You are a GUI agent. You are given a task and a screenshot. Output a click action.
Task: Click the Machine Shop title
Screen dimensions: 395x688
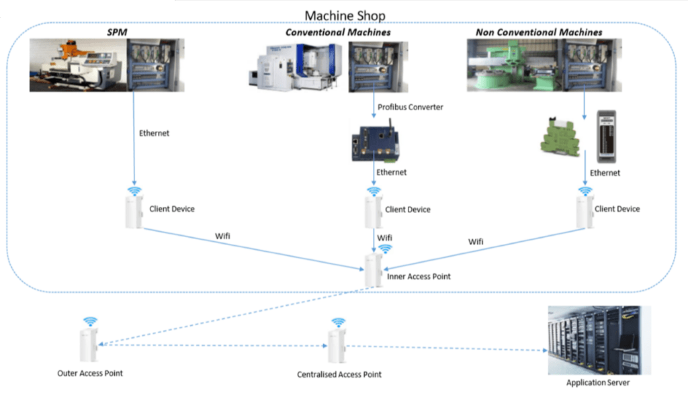point(345,15)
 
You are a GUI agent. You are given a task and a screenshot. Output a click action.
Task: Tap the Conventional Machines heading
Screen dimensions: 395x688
point(338,32)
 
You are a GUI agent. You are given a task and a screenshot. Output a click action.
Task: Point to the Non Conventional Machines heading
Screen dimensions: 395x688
point(539,32)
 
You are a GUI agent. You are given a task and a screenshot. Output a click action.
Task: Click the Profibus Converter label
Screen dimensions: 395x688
point(411,107)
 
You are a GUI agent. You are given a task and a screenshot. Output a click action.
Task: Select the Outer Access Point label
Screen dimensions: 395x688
point(90,373)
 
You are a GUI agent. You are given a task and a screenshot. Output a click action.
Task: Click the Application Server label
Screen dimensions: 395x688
point(599,382)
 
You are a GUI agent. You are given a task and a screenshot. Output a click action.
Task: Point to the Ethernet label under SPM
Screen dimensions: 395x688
point(154,133)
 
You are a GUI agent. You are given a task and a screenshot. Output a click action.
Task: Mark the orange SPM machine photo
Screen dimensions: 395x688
point(78,65)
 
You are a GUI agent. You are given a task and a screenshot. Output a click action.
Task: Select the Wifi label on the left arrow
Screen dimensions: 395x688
point(224,236)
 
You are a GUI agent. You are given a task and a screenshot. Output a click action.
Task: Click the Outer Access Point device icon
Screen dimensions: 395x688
point(88,343)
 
